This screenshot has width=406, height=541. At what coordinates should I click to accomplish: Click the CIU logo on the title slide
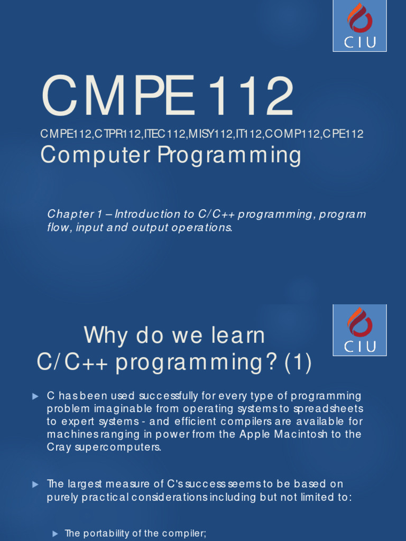[359, 26]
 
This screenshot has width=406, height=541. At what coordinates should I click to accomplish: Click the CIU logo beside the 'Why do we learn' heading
[359, 330]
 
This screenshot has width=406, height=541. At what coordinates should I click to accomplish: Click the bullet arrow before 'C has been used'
[35, 396]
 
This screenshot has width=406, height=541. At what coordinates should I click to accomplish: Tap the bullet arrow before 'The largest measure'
[35, 484]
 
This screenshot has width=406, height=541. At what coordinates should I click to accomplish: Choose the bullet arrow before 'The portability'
[55, 534]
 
